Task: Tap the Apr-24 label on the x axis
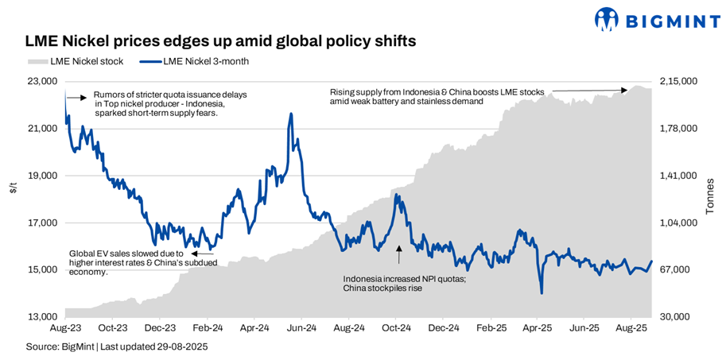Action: tap(254, 327)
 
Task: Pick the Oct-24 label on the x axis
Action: tap(395, 327)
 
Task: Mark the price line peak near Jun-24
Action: tap(291, 114)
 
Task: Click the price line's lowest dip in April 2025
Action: tap(542, 293)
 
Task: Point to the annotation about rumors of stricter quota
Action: tap(169, 103)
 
